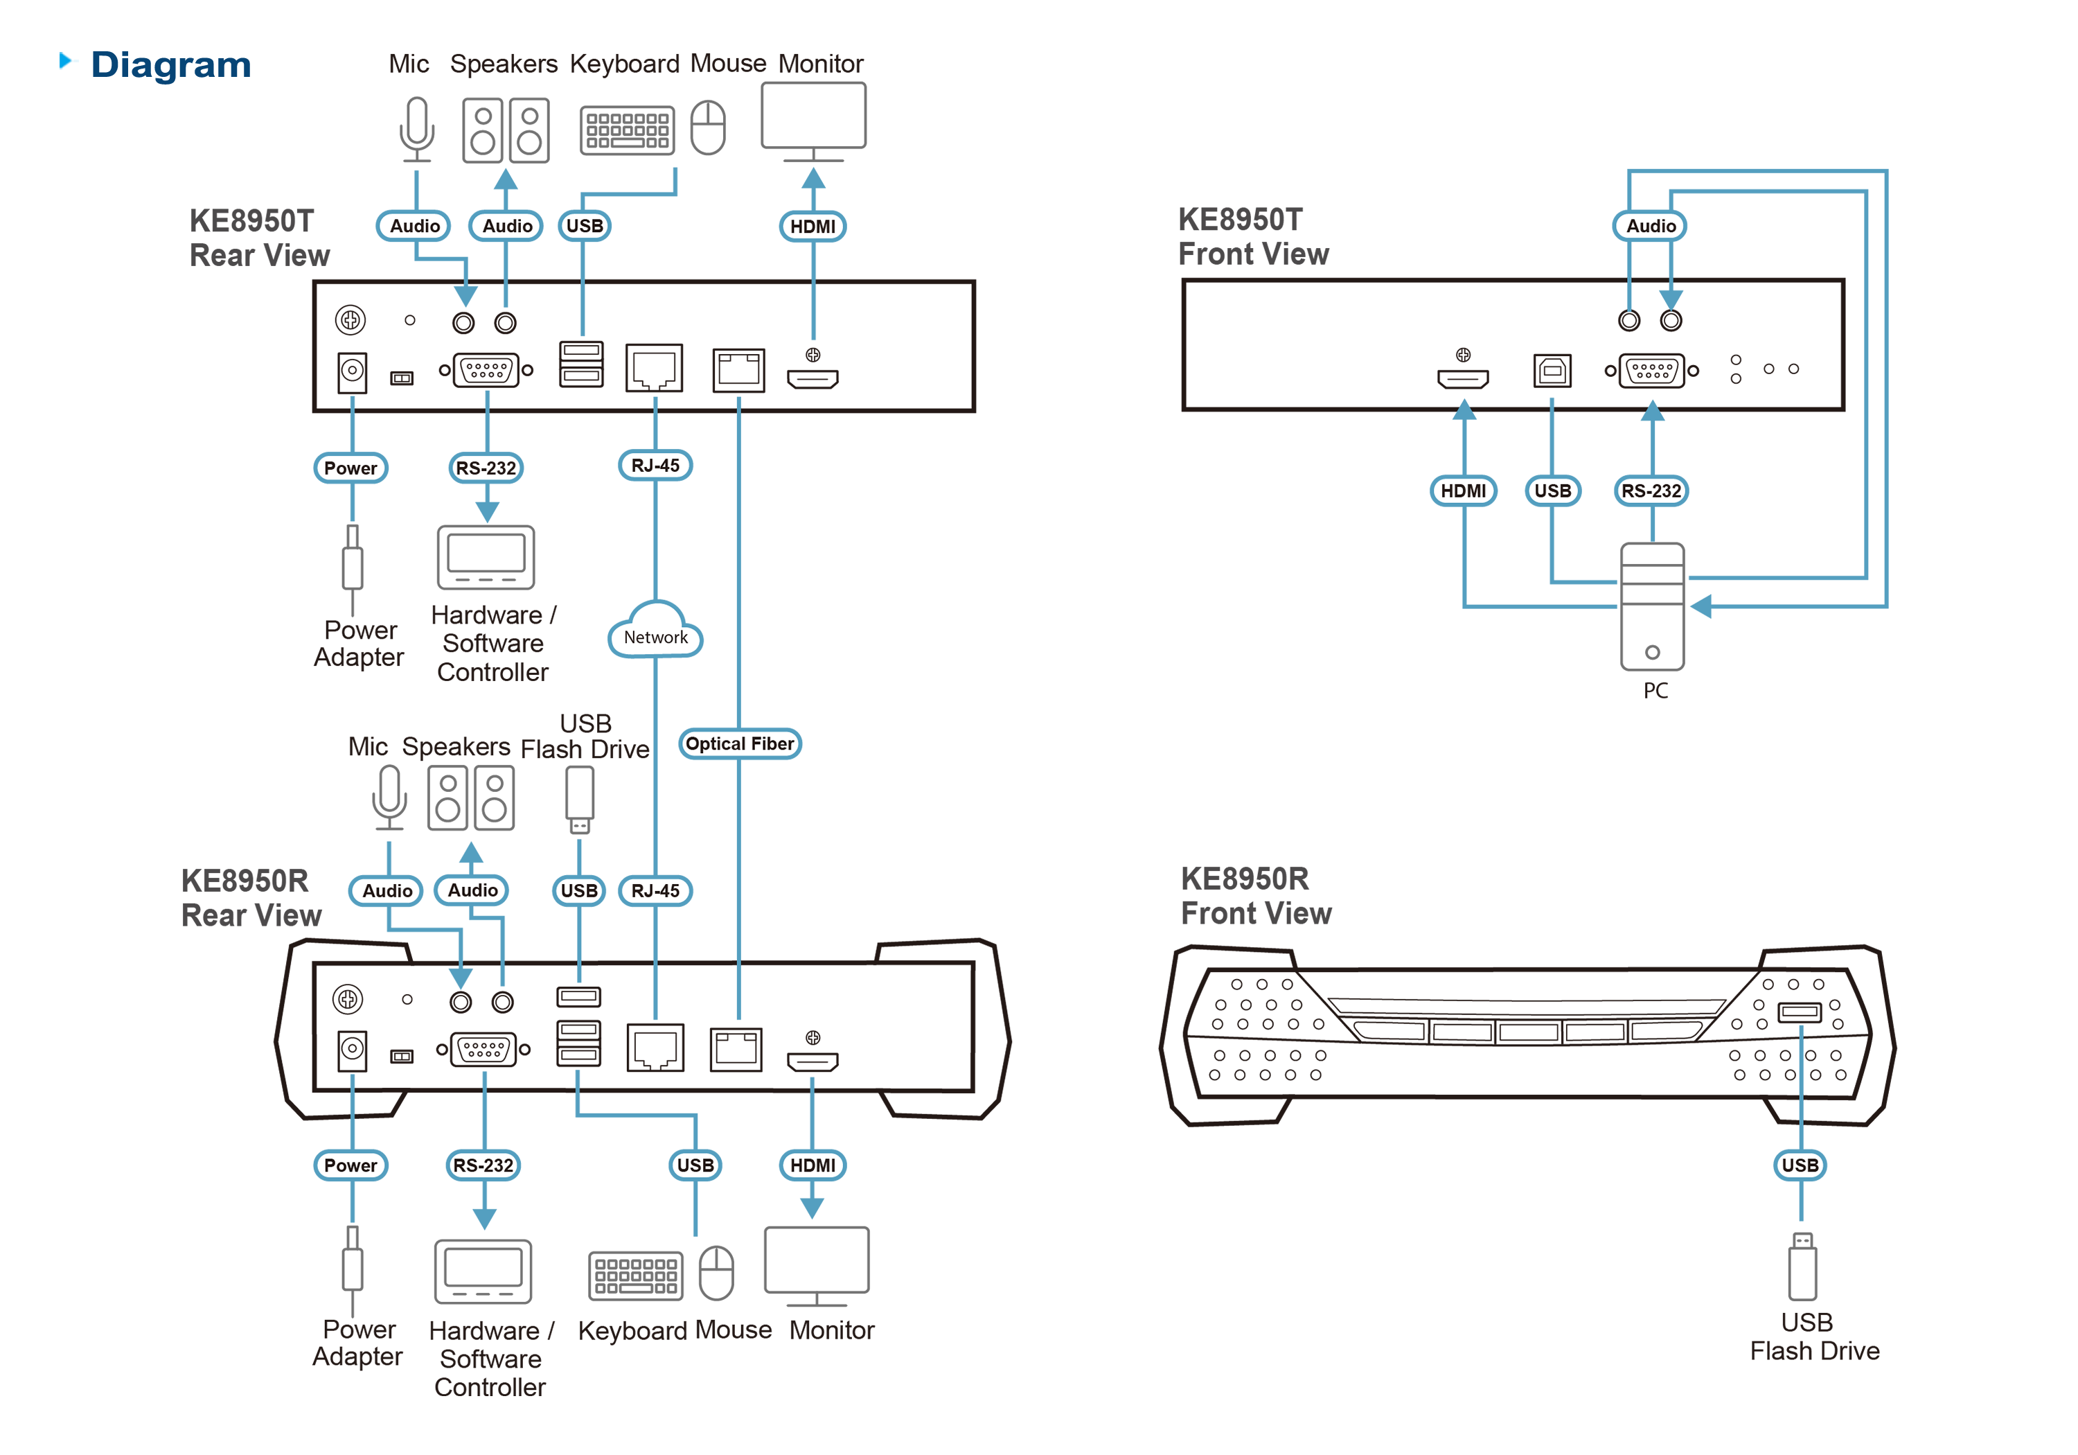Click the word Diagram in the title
coord(170,65)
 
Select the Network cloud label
coord(655,637)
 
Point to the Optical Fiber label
coord(740,743)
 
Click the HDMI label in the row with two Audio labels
coord(812,227)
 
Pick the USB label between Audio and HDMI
coord(585,225)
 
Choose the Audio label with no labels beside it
coord(1651,225)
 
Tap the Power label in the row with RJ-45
coord(350,468)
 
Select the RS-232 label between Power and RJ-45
coord(486,468)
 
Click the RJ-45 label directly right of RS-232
coord(655,466)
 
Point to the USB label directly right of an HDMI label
coord(1553,491)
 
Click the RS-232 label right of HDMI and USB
coord(1651,491)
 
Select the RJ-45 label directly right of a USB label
coord(655,891)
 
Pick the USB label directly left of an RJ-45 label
coord(579,891)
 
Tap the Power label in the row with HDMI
coord(350,1165)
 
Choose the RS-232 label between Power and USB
coord(483,1165)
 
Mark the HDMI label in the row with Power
coord(812,1165)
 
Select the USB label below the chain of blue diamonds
coord(1800,1165)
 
